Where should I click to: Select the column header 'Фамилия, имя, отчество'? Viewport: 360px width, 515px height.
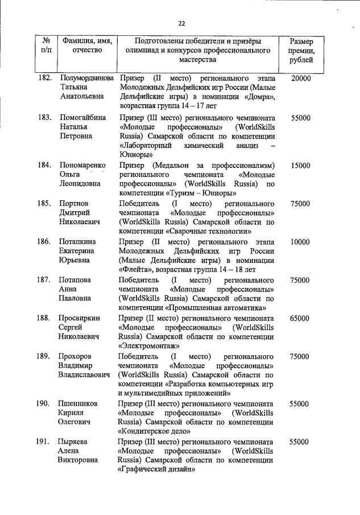87,46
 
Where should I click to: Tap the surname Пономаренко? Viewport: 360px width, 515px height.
83,166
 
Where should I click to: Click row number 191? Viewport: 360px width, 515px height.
45,442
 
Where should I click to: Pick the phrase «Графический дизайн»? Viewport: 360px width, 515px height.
156,469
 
